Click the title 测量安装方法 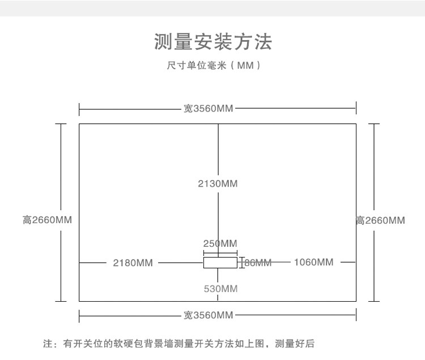click(212, 42)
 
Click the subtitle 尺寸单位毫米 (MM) click(213, 66)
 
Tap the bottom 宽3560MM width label click(209, 315)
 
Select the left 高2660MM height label click(47, 220)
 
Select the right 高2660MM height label click(380, 220)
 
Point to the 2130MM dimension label click(218, 183)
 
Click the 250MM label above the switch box click(220, 243)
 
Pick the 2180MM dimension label click(133, 262)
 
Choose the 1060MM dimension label click(313, 262)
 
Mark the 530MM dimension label click(220, 289)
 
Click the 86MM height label click(258, 263)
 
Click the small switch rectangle click(220, 263)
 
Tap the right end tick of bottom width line click(356, 315)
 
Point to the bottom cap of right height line click(373, 301)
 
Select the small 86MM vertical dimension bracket click(242, 263)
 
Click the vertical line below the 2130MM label click(218, 221)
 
